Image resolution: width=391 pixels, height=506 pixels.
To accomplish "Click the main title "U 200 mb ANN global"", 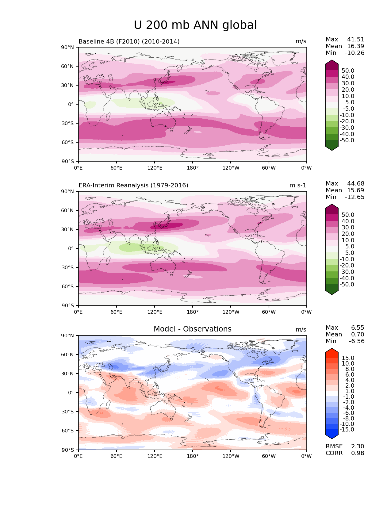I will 195,25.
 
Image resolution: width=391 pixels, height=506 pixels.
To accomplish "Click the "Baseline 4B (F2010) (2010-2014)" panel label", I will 129,41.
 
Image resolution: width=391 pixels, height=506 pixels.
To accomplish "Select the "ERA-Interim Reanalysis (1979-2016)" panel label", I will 133,185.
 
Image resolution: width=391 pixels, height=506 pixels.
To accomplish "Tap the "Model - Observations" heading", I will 192,329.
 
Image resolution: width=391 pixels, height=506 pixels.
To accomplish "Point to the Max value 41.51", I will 356,39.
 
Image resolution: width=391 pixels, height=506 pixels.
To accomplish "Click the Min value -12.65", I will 355,197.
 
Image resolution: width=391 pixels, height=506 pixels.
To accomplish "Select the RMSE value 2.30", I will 358,446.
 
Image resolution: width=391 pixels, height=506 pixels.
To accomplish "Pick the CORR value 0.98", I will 358,453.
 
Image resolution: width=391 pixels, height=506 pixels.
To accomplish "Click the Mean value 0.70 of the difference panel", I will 358,334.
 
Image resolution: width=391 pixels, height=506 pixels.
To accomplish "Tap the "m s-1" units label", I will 298,185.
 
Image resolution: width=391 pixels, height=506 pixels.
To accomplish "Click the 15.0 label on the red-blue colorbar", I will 348,358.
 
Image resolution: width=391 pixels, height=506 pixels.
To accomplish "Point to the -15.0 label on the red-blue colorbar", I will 347,429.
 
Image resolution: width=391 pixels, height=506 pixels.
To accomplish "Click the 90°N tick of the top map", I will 68,47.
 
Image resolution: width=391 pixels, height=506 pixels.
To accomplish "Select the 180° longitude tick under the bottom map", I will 193,456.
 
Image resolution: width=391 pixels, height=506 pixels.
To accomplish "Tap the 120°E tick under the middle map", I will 155,312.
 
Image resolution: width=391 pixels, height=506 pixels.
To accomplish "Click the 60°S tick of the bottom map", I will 68,431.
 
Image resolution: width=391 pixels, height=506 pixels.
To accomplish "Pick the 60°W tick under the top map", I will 269,168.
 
